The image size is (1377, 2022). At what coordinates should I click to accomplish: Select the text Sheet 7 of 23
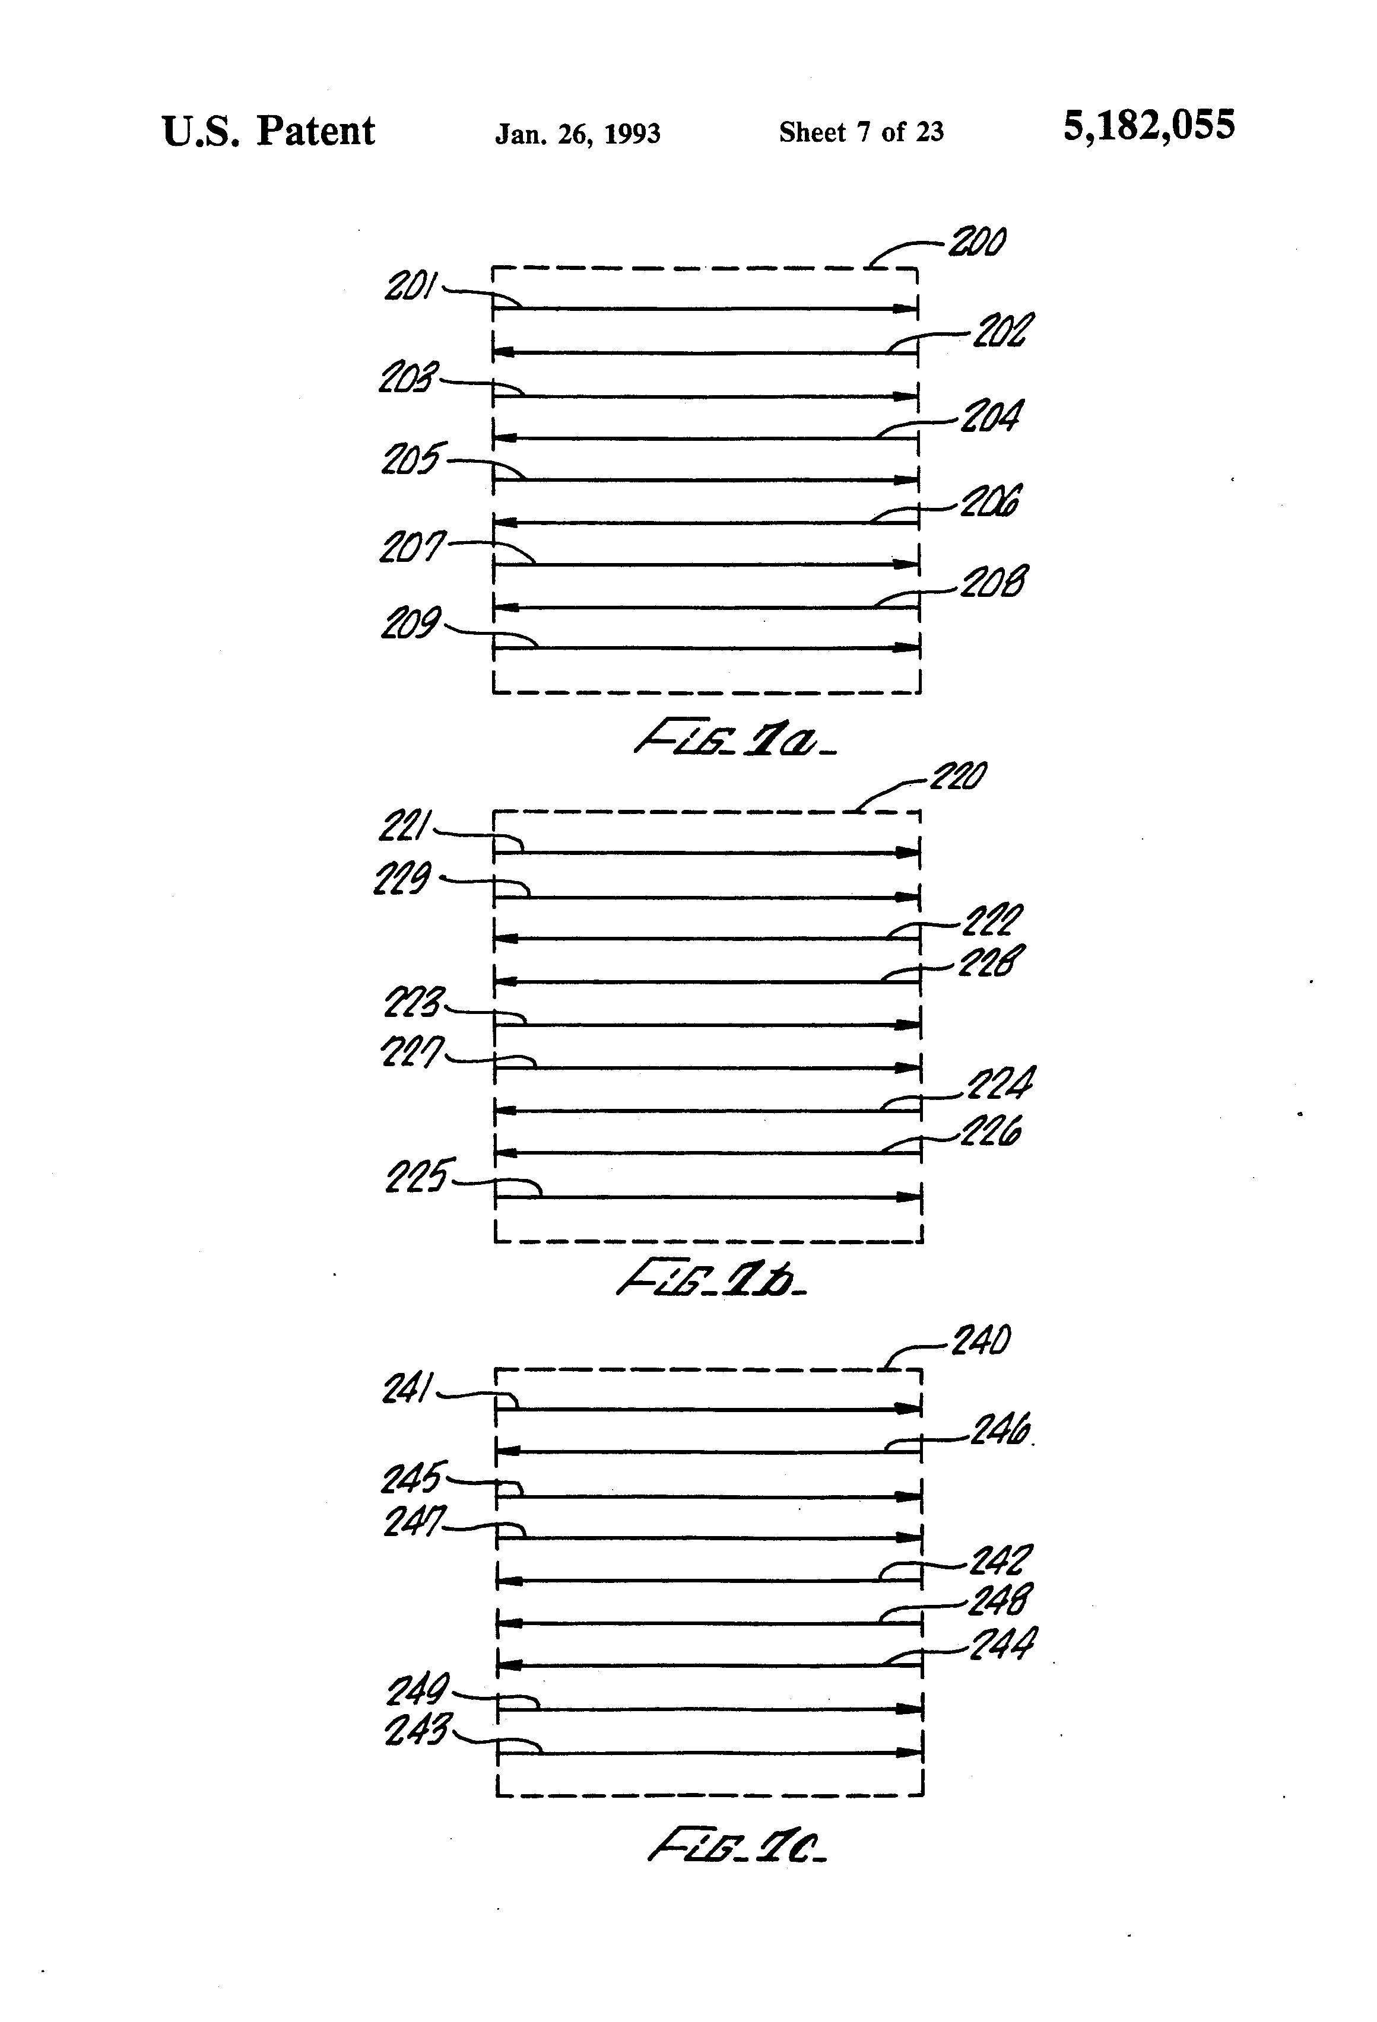point(861,132)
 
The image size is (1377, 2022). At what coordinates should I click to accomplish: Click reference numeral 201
point(410,285)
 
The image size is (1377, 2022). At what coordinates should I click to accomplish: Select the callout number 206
point(991,502)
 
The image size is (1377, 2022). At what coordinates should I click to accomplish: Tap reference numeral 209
point(410,623)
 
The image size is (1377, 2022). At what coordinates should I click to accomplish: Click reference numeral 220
point(959,776)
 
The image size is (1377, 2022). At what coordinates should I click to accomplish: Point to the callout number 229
point(401,879)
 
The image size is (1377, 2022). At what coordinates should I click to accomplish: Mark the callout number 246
point(1001,1429)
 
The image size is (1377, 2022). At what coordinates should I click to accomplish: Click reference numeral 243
point(416,1729)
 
